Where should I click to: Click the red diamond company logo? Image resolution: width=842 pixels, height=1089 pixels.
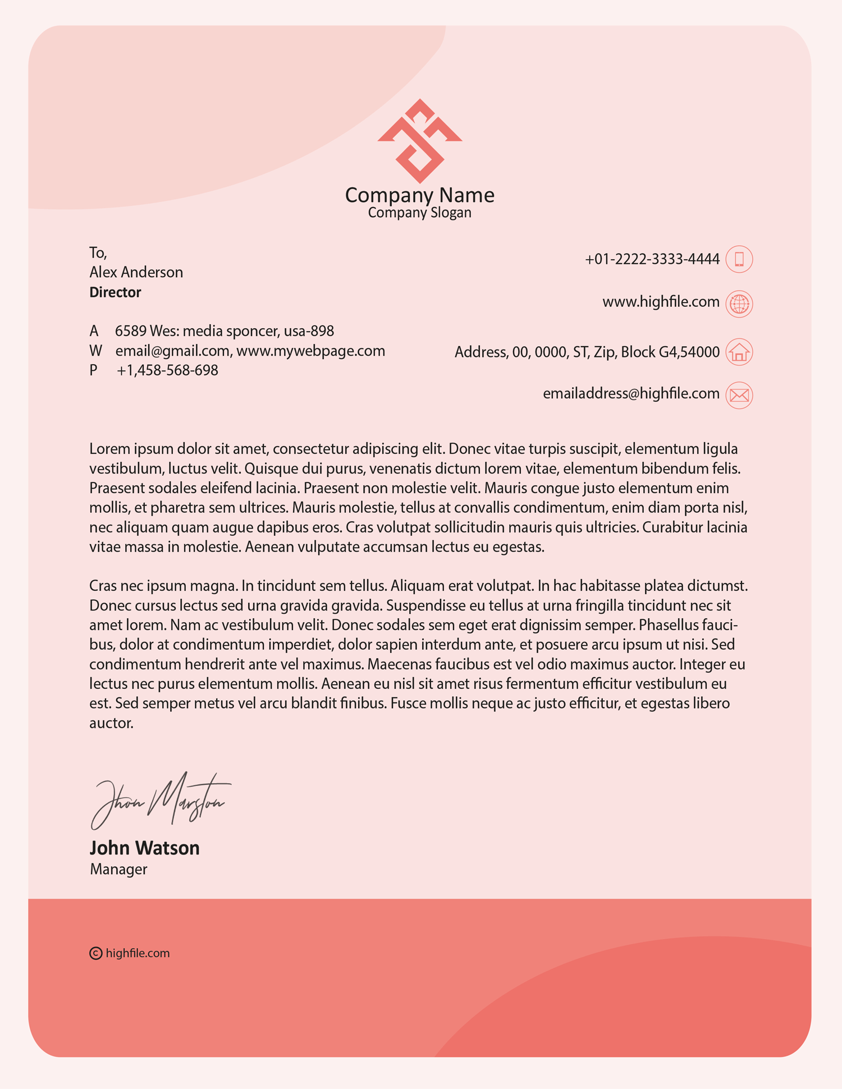(420, 141)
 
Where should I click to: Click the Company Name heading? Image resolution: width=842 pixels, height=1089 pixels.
(420, 195)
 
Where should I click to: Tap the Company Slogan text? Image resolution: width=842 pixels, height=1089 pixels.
(420, 213)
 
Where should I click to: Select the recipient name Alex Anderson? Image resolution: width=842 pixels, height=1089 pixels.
(136, 272)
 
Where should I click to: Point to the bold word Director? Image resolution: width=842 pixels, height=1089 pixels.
(115, 292)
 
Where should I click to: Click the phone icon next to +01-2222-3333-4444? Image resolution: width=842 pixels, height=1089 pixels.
(739, 259)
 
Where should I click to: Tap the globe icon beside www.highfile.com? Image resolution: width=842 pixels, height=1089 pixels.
(739, 304)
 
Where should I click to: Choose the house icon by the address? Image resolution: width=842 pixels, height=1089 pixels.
(739, 352)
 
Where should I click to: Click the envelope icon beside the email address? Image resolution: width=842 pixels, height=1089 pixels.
(739, 395)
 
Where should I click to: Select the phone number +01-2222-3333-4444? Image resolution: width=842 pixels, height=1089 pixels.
(652, 259)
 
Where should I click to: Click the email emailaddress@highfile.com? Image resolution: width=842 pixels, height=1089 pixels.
(631, 393)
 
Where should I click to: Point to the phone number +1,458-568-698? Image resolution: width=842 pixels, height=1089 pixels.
(167, 370)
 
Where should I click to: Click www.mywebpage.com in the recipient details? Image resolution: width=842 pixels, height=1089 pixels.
(310, 351)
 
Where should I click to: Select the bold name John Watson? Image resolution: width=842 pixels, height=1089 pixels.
(145, 848)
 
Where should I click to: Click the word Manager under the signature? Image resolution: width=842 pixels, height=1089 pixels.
(118, 869)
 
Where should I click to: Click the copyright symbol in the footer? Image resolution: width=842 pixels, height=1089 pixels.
(96, 953)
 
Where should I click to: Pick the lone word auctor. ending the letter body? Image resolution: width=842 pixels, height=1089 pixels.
(111, 723)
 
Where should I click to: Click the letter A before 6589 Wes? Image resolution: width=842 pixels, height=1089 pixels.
(94, 331)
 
